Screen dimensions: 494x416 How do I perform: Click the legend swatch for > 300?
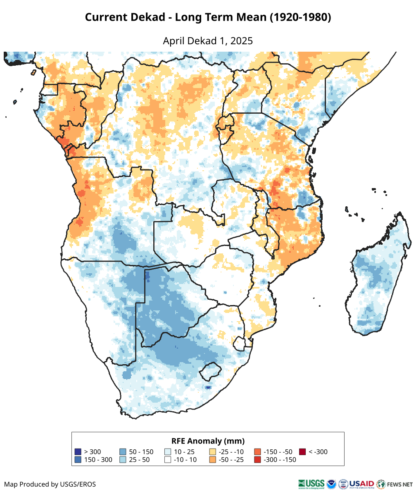click(x=78, y=452)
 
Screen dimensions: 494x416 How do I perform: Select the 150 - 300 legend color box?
click(x=78, y=460)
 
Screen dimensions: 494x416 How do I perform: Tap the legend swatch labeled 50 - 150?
click(x=123, y=452)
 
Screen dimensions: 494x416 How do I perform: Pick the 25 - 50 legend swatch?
click(x=123, y=460)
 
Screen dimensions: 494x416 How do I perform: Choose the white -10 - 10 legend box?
click(x=168, y=460)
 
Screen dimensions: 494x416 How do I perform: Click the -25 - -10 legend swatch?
click(x=213, y=452)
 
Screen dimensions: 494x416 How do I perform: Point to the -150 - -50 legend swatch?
click(x=257, y=452)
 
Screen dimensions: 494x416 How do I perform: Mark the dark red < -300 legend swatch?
click(x=302, y=452)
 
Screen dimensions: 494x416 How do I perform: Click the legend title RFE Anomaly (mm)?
click(x=208, y=441)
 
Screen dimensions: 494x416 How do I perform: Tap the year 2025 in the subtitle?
click(x=242, y=41)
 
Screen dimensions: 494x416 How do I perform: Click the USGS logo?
click(x=311, y=484)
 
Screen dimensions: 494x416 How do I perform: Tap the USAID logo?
click(x=361, y=484)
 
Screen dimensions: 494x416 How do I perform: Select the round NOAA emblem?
click(x=331, y=484)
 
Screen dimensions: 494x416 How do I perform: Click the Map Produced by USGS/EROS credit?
click(x=50, y=484)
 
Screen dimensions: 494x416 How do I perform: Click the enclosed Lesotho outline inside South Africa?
click(x=209, y=371)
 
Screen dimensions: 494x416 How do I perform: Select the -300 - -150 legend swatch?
click(x=257, y=460)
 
